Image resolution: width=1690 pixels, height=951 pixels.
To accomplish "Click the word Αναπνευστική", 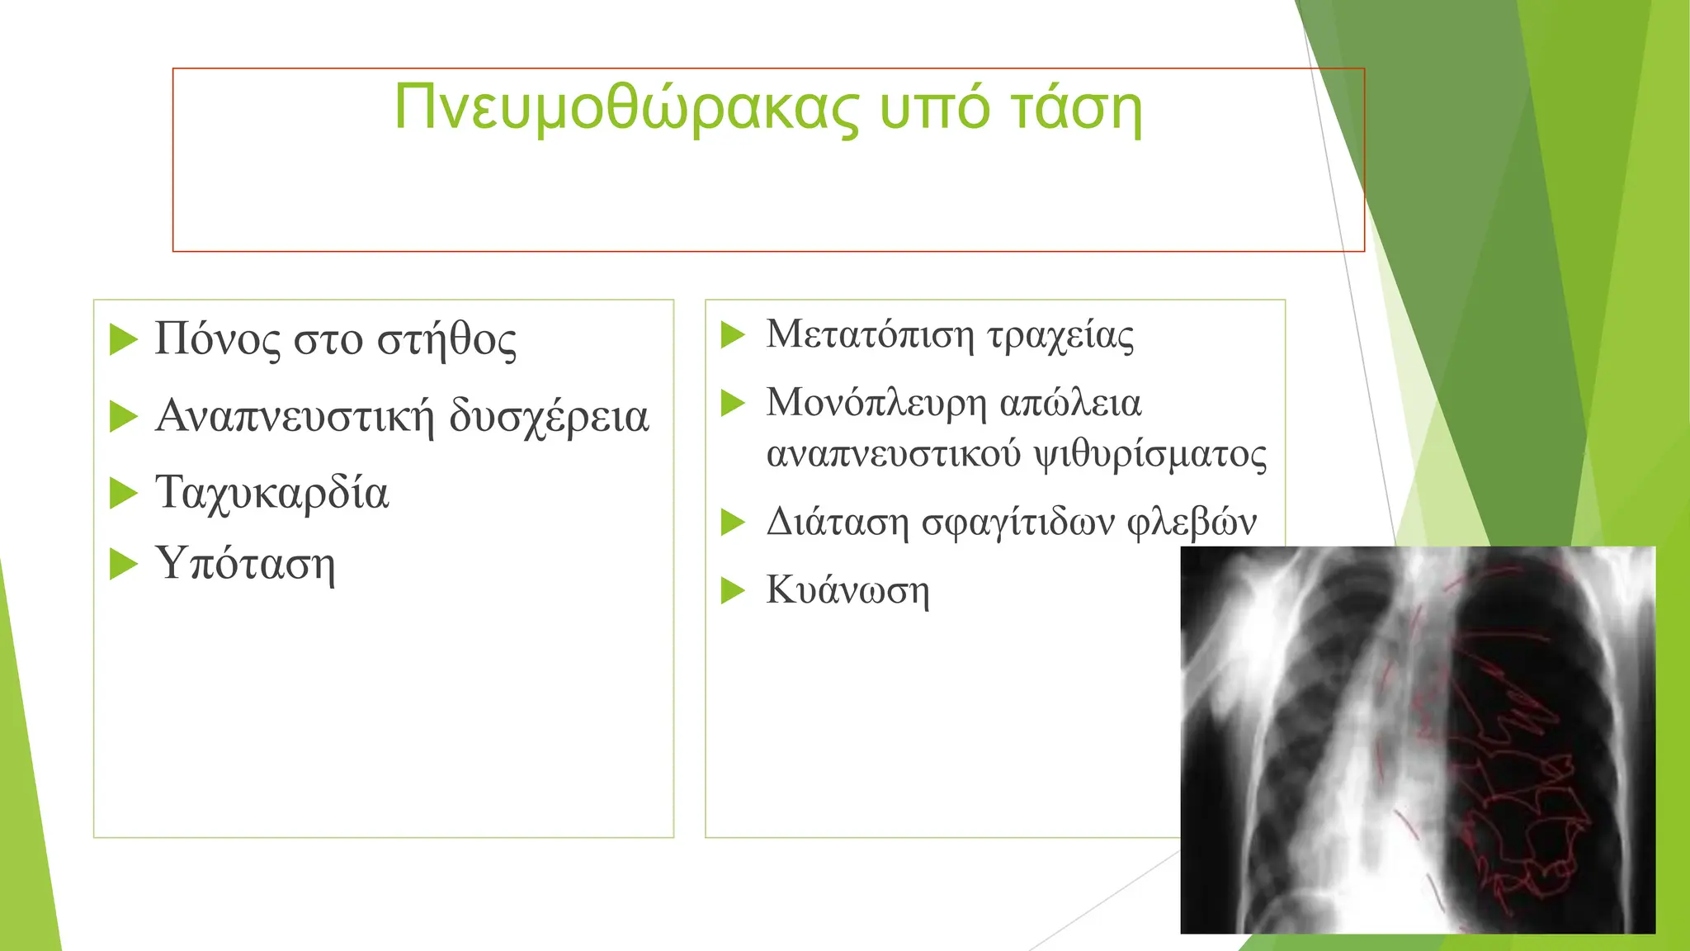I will (x=294, y=415).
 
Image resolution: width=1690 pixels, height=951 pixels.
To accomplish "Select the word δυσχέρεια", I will (x=549, y=415).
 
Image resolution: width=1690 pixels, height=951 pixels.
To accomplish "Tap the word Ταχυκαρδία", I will (x=271, y=493).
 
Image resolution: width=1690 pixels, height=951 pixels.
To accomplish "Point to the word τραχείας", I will (x=1060, y=334).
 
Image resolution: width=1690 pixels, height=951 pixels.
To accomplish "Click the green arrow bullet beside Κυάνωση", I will (x=733, y=590).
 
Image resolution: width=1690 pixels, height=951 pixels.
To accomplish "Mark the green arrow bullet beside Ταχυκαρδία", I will (x=123, y=493).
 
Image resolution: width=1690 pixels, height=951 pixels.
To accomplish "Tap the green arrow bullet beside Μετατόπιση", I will (x=733, y=335).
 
